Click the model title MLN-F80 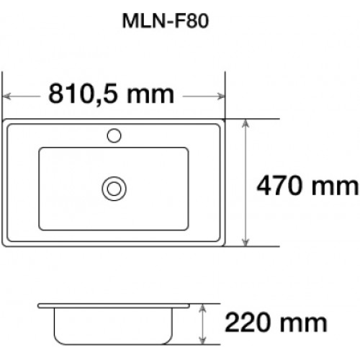(166, 21)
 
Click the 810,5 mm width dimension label (111, 94)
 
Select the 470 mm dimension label (307, 186)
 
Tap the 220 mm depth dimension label (276, 323)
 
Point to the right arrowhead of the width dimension (221, 96)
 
